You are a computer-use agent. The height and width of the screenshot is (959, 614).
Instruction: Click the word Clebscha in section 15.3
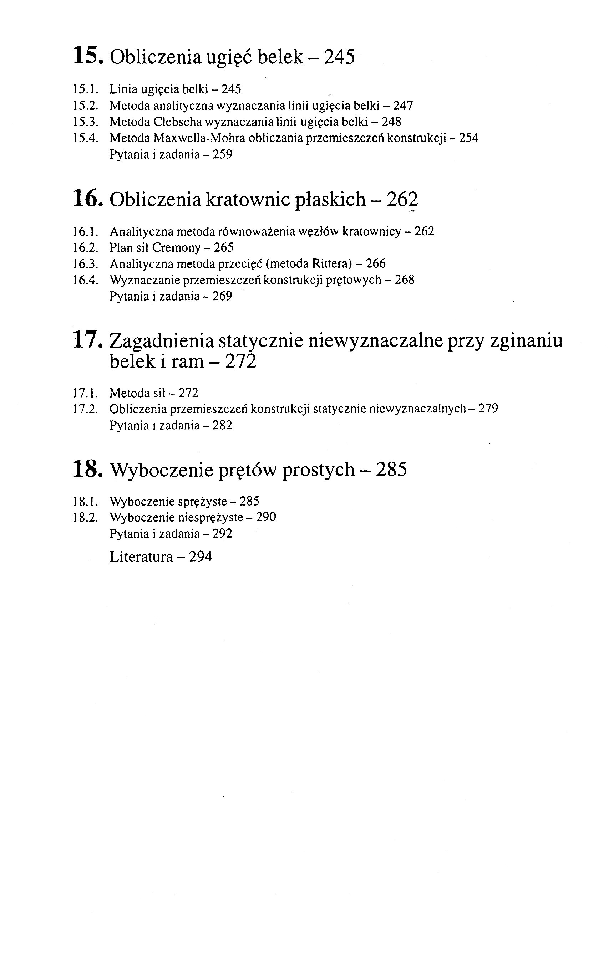177,122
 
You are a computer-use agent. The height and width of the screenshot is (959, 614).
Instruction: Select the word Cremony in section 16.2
176,247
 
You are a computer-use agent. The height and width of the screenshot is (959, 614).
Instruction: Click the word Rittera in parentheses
330,263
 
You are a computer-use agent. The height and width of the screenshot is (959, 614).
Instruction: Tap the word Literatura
141,557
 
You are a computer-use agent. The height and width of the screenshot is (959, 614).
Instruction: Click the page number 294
201,557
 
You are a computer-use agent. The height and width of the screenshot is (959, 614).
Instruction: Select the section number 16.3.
85,264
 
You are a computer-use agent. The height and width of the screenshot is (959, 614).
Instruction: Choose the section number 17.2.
85,409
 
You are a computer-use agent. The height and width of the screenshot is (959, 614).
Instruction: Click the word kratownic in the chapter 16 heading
248,199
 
